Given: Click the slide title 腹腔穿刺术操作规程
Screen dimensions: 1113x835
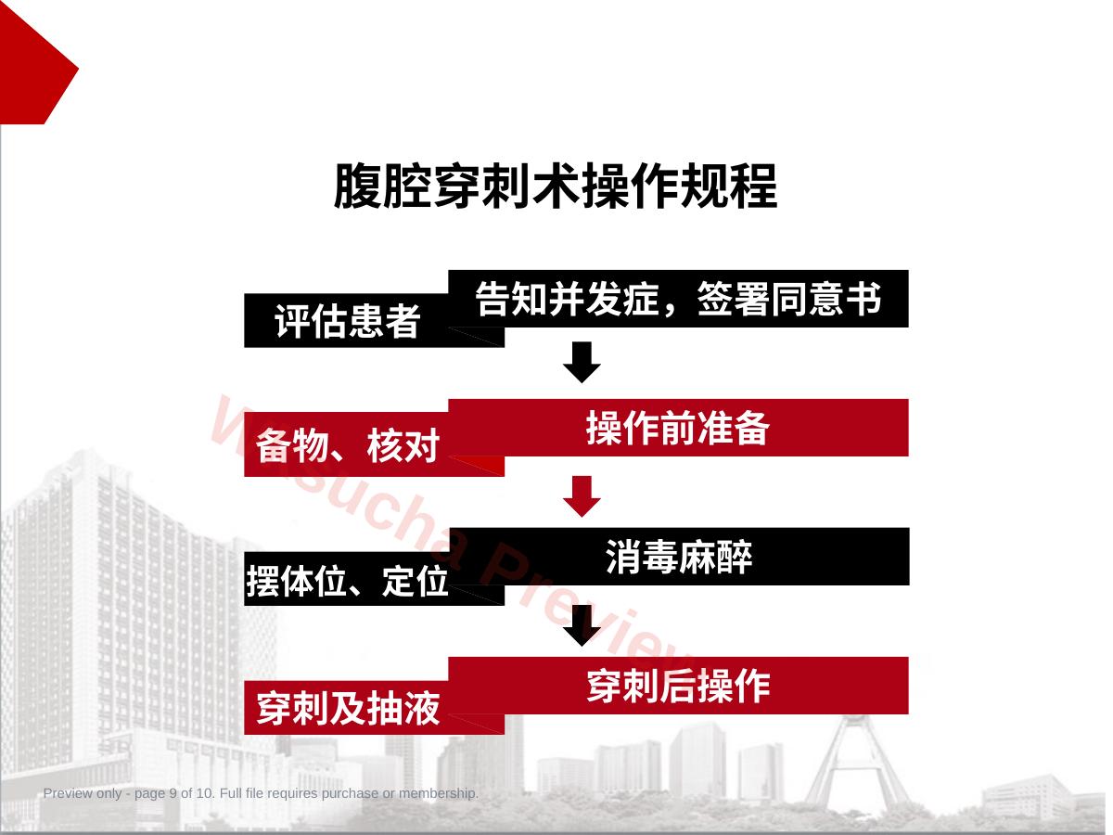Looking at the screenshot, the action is (556, 186).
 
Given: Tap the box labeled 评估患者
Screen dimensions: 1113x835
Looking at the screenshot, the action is (347, 320).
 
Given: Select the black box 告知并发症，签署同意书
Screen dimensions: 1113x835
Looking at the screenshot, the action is (678, 299).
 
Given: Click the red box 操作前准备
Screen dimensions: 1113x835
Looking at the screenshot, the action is (678, 428).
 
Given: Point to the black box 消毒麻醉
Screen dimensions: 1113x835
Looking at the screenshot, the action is (678, 557).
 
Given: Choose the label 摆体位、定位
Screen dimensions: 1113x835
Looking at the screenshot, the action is (347, 581).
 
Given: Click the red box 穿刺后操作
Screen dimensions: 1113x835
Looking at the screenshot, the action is (678, 686).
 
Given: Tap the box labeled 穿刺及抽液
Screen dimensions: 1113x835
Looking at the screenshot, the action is (347, 708).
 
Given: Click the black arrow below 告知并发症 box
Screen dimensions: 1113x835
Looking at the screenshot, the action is (582, 363).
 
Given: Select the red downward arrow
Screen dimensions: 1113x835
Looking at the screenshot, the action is (582, 496).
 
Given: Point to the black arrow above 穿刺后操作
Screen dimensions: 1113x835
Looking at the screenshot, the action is (582, 625).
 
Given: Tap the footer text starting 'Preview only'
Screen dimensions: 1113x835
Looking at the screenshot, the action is (261, 793).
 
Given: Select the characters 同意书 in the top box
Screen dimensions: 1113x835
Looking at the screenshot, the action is (826, 299).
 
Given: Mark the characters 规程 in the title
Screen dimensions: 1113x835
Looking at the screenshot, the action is (728, 186).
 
